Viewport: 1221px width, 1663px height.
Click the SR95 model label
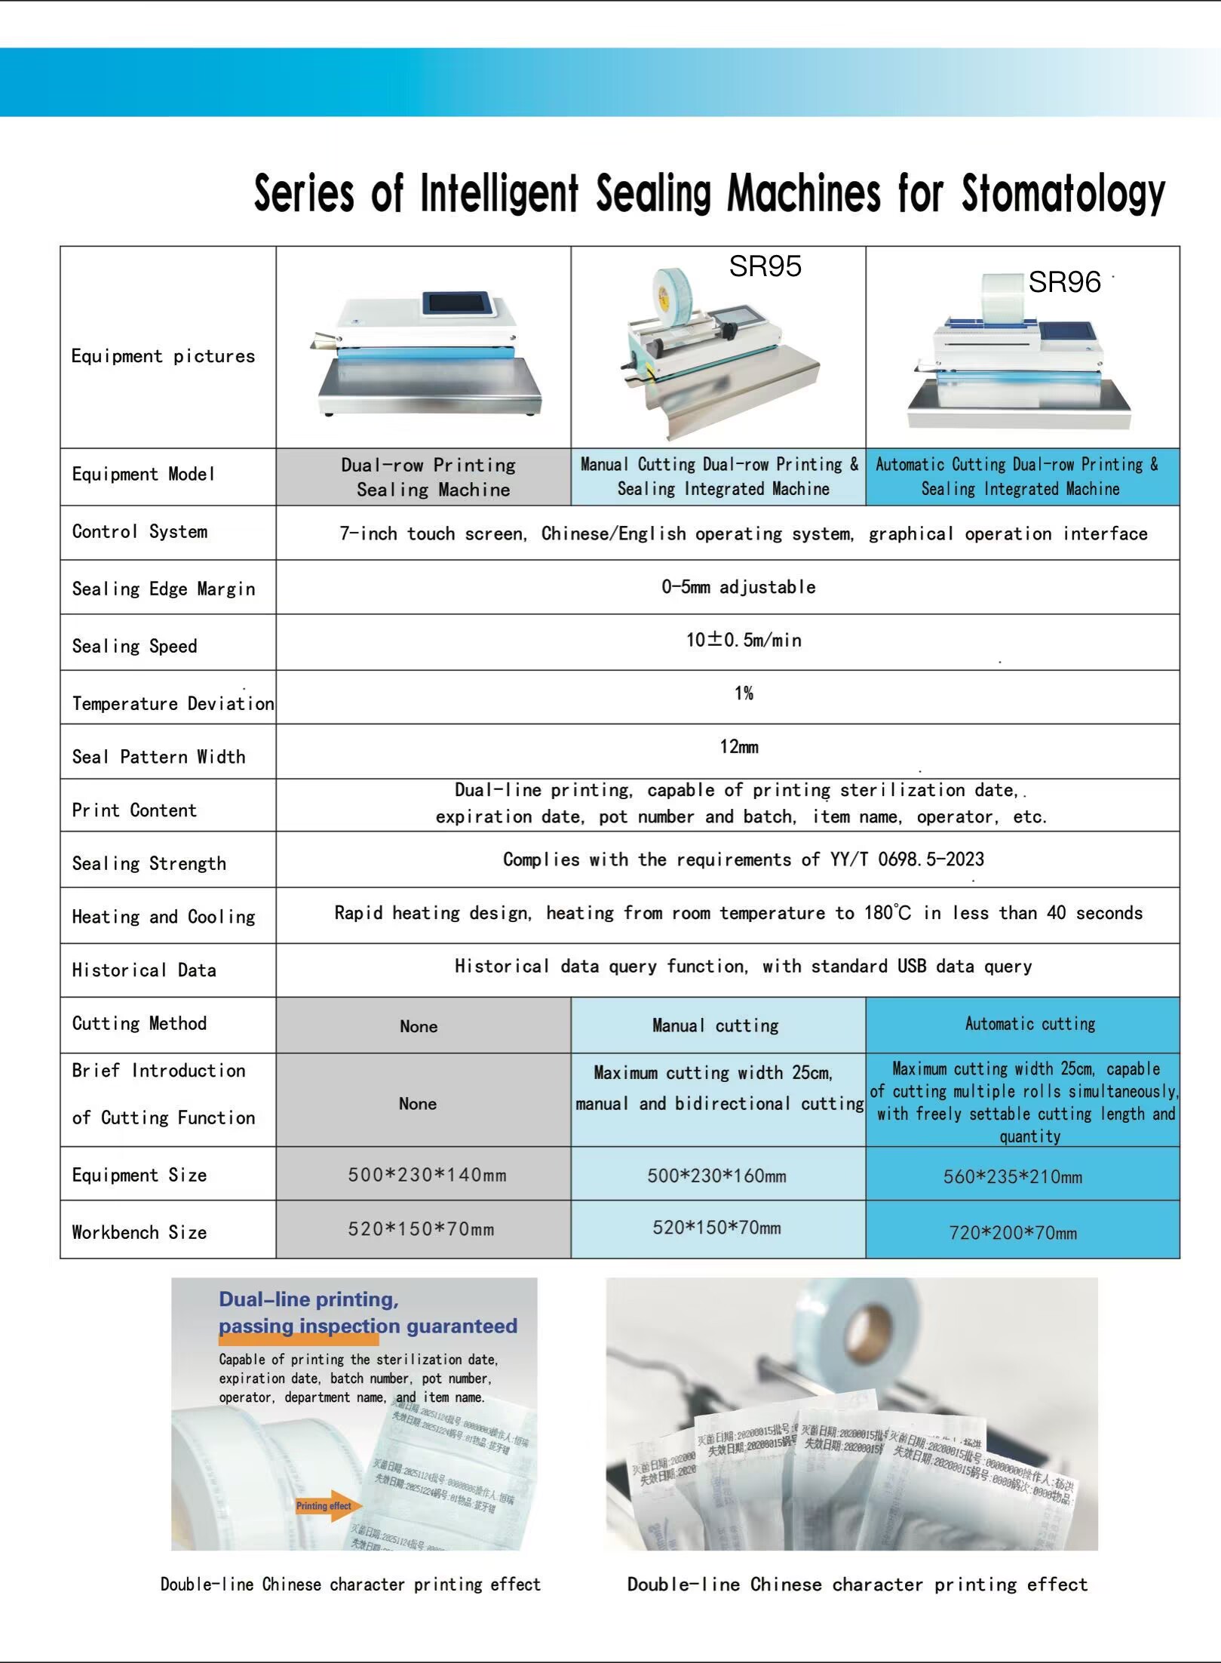tap(765, 266)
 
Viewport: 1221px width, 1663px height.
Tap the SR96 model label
tap(1064, 282)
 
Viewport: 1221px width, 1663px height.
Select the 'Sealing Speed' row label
tap(134, 646)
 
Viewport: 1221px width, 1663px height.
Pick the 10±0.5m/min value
tap(744, 641)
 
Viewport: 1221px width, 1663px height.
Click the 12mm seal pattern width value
tap(739, 747)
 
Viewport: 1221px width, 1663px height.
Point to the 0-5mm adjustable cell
tap(738, 587)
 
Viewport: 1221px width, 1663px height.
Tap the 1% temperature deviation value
tap(744, 693)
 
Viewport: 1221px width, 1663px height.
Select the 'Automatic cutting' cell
tap(1029, 1024)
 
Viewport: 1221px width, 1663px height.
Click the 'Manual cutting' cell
tap(715, 1025)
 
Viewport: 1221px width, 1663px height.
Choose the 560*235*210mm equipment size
tap(1012, 1176)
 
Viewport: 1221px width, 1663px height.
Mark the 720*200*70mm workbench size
tap(1012, 1233)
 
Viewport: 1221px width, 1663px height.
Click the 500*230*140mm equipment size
tap(427, 1175)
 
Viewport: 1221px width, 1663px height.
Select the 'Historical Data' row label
tap(144, 970)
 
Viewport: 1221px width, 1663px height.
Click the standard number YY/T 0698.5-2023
tap(907, 859)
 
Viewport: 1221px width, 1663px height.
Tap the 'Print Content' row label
tap(134, 810)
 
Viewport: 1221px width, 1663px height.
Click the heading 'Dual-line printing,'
tap(308, 1299)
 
